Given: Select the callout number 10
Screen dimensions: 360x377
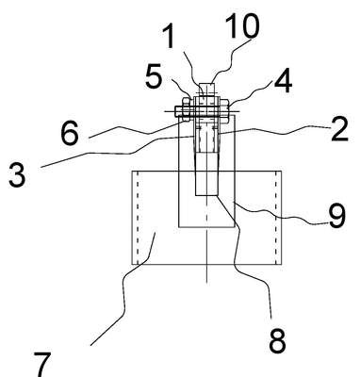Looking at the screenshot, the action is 242,25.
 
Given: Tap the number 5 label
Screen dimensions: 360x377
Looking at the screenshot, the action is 154,75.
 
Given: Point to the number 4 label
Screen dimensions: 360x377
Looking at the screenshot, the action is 284,82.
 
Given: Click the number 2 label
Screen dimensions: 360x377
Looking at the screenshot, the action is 339,129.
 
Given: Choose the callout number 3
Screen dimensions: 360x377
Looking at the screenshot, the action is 17,174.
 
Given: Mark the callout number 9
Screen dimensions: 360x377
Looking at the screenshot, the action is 337,216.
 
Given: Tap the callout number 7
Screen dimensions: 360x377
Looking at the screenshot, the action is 42,365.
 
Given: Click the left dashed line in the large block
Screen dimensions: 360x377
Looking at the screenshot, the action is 138,218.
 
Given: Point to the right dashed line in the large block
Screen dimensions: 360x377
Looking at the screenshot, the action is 276,218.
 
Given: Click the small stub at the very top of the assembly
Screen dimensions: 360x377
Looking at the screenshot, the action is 206,90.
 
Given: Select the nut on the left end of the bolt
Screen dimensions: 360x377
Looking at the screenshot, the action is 186,109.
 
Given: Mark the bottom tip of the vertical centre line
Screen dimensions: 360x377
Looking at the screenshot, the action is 206,283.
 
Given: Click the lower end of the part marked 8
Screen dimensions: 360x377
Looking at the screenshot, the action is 206,195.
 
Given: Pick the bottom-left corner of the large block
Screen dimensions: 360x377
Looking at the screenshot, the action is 132,264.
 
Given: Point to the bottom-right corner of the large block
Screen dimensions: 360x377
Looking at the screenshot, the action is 282,264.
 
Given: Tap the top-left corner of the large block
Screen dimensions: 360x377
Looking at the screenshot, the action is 132,172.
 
